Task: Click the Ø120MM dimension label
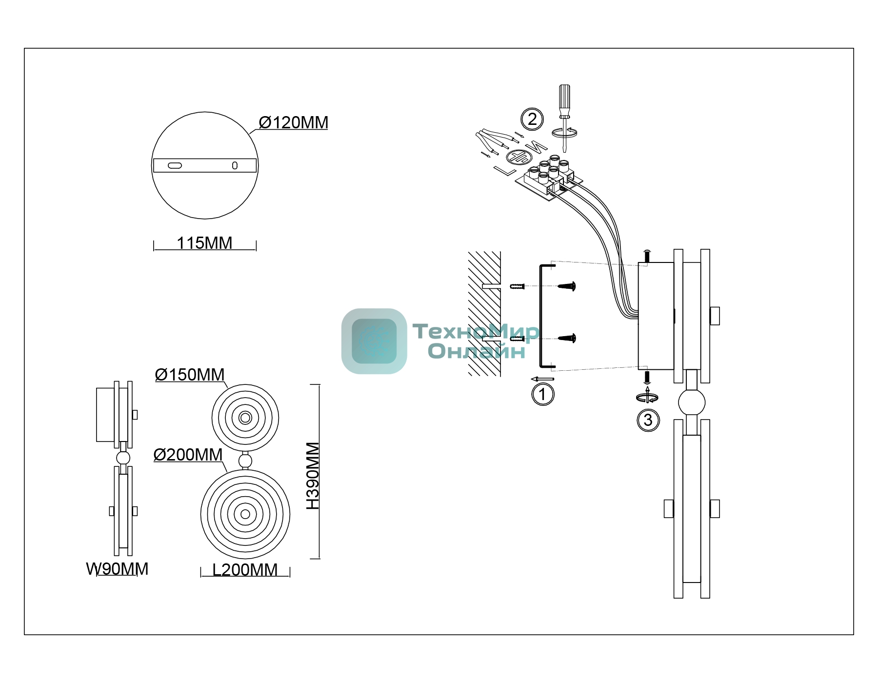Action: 293,122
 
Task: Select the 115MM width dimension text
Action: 204,243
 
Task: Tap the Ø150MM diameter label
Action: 190,375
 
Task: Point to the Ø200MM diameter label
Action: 188,455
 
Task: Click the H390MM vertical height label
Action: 313,476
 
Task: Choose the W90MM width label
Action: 117,569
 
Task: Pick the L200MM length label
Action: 245,570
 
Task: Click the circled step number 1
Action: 543,394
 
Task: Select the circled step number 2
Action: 532,120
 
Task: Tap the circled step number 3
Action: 648,421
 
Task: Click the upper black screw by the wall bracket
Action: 568,286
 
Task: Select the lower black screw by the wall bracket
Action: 568,338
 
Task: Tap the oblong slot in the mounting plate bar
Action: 175,166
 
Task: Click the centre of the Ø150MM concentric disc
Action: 245,418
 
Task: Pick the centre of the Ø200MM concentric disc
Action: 245,514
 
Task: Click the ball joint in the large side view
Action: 692,402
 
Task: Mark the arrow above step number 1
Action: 542,379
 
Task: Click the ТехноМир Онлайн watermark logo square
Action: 374,341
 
